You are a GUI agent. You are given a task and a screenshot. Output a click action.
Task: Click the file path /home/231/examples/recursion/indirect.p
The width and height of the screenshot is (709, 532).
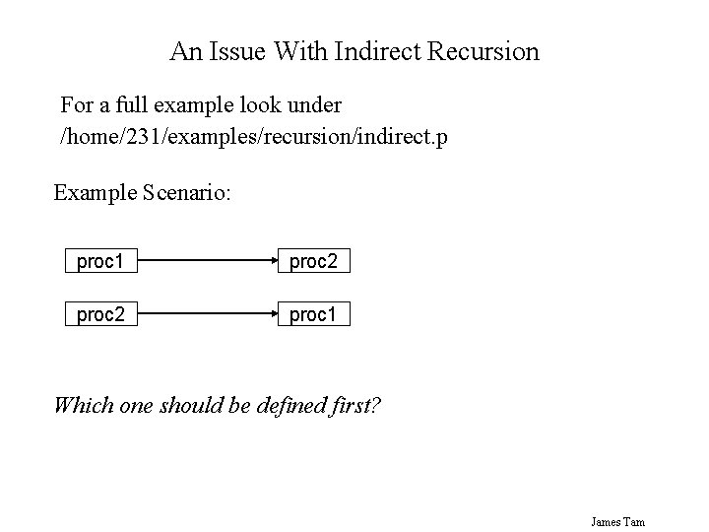[x=254, y=136]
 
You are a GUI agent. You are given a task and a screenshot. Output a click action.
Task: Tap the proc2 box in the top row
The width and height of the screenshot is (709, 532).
[x=313, y=262]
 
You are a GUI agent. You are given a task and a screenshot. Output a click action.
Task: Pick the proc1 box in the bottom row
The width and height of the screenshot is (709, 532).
[x=313, y=315]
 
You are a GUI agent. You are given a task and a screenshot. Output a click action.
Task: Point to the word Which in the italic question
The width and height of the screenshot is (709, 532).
[x=82, y=404]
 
